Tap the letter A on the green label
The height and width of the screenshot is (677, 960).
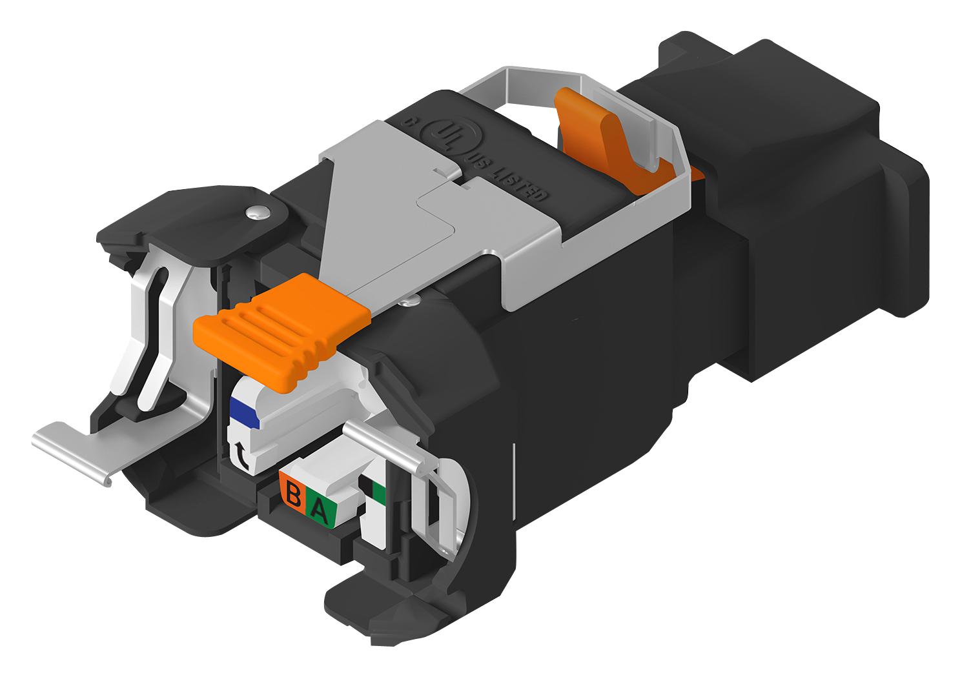pos(320,510)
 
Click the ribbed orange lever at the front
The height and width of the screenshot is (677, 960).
pos(282,329)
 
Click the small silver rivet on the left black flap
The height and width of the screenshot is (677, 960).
pos(256,213)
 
